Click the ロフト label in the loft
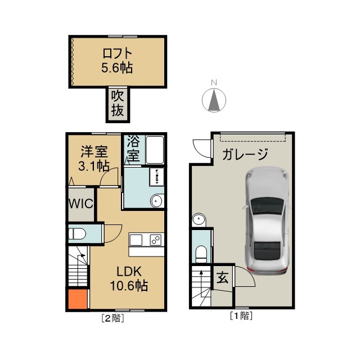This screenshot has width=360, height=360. pyautogui.click(x=117, y=53)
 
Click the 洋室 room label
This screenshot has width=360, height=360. pyautogui.click(x=94, y=151)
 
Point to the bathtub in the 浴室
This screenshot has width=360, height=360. pyautogui.click(x=155, y=150)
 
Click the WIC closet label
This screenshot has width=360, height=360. pyautogui.click(x=81, y=204)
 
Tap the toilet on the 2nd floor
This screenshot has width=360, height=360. pyautogui.click(x=78, y=234)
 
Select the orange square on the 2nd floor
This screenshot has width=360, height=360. pyautogui.click(x=78, y=299)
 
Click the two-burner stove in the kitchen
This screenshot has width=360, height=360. pyautogui.click(x=156, y=240)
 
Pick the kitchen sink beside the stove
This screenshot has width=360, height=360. pyautogui.click(x=136, y=240)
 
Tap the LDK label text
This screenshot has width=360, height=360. pyautogui.click(x=129, y=272)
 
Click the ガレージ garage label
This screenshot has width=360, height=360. pyautogui.click(x=245, y=154)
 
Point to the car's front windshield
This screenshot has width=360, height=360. pyautogui.click(x=267, y=206)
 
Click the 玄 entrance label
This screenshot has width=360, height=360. pyautogui.click(x=223, y=277)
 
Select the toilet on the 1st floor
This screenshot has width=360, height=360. pyautogui.click(x=201, y=254)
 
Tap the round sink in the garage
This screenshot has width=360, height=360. pyautogui.click(x=199, y=220)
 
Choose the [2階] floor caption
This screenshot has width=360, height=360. pyautogui.click(x=112, y=318)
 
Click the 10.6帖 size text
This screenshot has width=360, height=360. pyautogui.click(x=129, y=286)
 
